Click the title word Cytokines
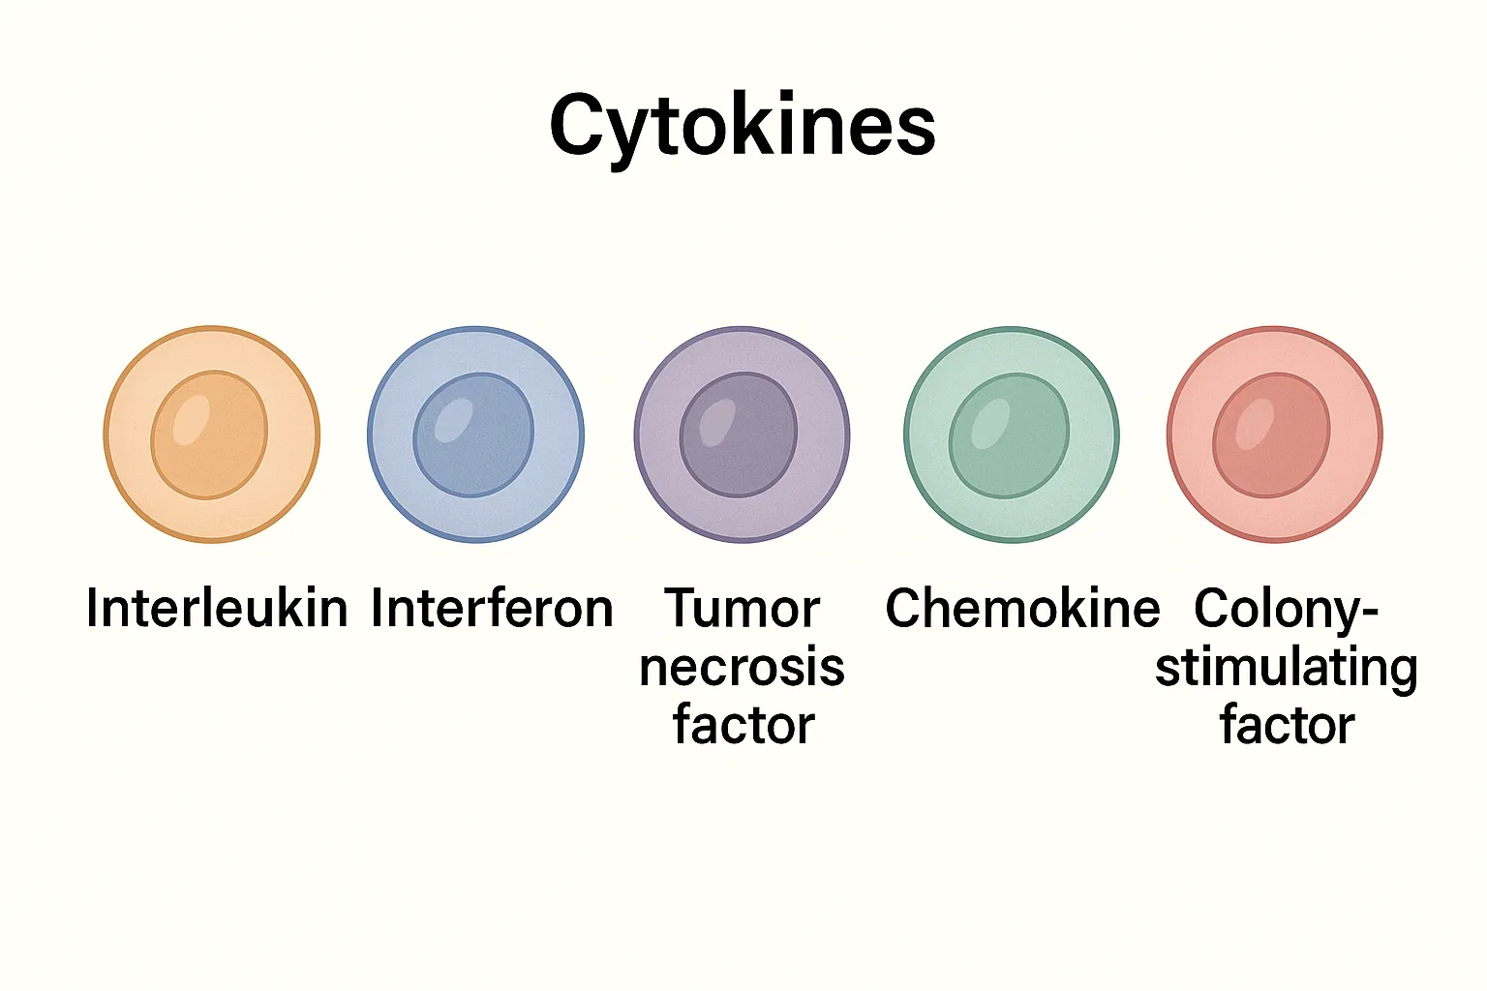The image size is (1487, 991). pyautogui.click(x=743, y=126)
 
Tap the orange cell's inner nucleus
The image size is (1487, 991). pyautogui.click(x=210, y=436)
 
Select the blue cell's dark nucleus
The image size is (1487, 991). pyautogui.click(x=474, y=436)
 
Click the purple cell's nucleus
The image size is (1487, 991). pyautogui.click(x=740, y=436)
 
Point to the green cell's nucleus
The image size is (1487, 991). pyautogui.click(x=1010, y=436)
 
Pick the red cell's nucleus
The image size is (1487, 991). pyautogui.click(x=1272, y=436)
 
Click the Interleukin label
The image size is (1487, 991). pyautogui.click(x=217, y=609)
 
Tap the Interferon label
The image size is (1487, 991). pyautogui.click(x=492, y=609)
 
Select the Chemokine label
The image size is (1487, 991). pyautogui.click(x=1022, y=609)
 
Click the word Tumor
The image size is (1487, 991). pyautogui.click(x=743, y=609)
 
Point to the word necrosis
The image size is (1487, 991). pyautogui.click(x=743, y=668)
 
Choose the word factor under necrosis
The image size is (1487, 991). pyautogui.click(x=743, y=726)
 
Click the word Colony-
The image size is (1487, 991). pyautogui.click(x=1286, y=609)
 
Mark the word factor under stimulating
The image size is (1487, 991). pyautogui.click(x=1287, y=726)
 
